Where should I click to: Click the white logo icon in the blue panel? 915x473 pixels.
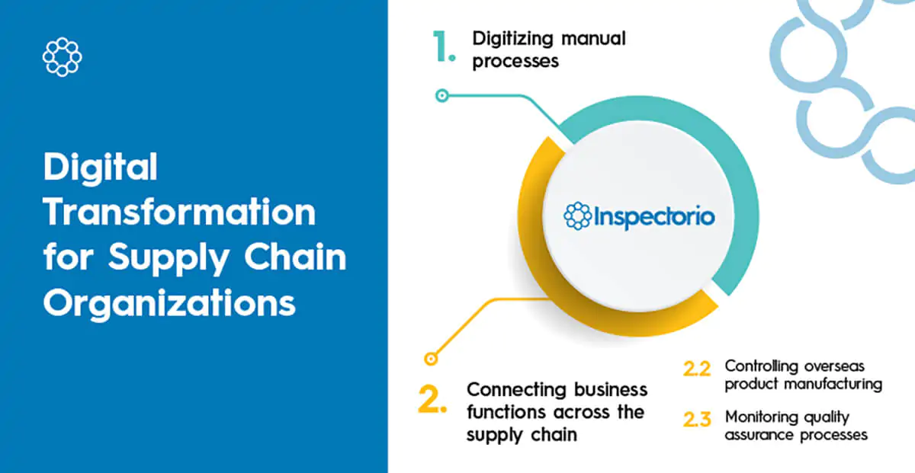click(62, 56)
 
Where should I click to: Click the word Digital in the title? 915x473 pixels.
click(100, 168)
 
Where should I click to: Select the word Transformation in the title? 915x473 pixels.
click(179, 212)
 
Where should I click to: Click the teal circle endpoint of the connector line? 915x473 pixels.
click(441, 96)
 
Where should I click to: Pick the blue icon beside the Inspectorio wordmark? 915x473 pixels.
click(577, 216)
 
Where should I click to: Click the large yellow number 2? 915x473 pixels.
click(432, 400)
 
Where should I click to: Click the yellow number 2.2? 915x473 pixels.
click(697, 369)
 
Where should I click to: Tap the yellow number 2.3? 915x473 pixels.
click(697, 420)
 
